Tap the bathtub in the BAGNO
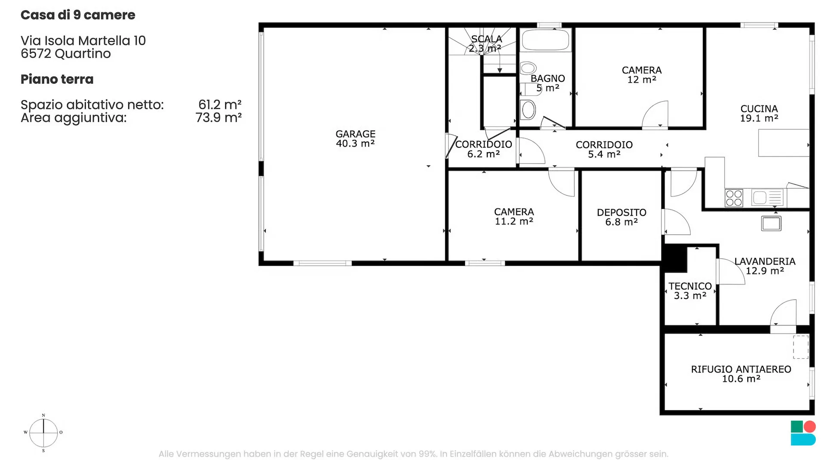[545, 40]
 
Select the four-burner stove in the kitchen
[734, 198]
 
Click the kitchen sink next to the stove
[767, 198]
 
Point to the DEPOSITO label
[622, 212]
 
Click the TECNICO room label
[690, 286]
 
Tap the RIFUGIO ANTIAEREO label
[741, 369]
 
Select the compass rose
[44, 433]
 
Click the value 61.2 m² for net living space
[220, 105]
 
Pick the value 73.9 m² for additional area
[218, 118]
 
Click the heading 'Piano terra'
[57, 79]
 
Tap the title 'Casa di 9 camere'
[78, 15]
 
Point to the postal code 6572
[36, 53]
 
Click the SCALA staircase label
[486, 39]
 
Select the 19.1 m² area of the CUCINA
[759, 118]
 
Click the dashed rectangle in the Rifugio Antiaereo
[801, 347]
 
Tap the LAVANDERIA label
[765, 261]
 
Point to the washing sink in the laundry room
[771, 224]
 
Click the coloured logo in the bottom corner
[803, 433]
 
